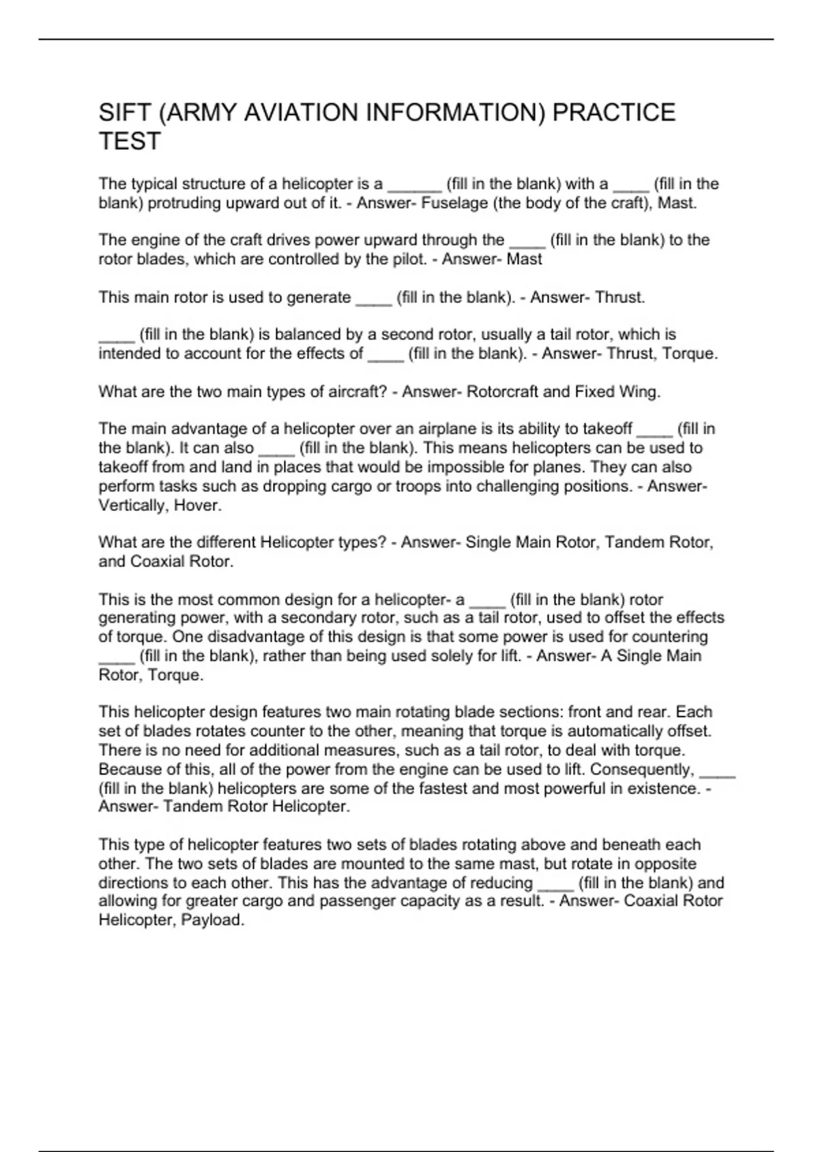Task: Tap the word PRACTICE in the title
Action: [x=614, y=112]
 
